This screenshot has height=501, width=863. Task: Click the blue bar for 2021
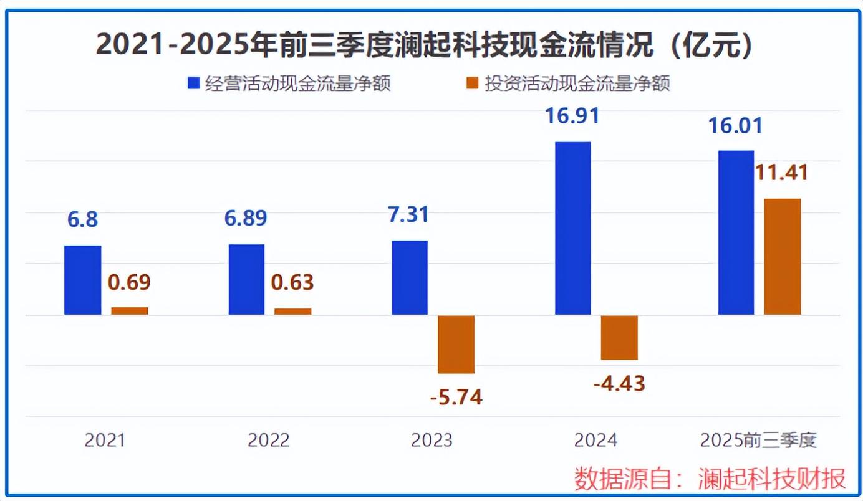(82, 280)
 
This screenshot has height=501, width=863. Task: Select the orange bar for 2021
(130, 311)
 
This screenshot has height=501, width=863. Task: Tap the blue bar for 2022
(246, 279)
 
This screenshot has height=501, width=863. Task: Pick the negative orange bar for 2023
(456, 344)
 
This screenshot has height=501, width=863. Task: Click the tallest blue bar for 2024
(572, 228)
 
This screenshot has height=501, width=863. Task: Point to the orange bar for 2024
(619, 337)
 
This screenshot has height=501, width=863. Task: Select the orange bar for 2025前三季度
(782, 257)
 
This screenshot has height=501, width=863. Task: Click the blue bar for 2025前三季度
(736, 232)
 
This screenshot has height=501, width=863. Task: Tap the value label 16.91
(572, 116)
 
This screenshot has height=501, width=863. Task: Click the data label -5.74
(456, 397)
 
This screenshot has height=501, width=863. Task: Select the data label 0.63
(292, 282)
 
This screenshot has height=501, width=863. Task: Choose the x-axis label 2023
(432, 441)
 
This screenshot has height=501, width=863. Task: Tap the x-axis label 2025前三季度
(758, 441)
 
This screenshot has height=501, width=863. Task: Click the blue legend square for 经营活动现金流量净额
(193, 83)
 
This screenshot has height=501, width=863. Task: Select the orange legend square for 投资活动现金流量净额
(473, 83)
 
